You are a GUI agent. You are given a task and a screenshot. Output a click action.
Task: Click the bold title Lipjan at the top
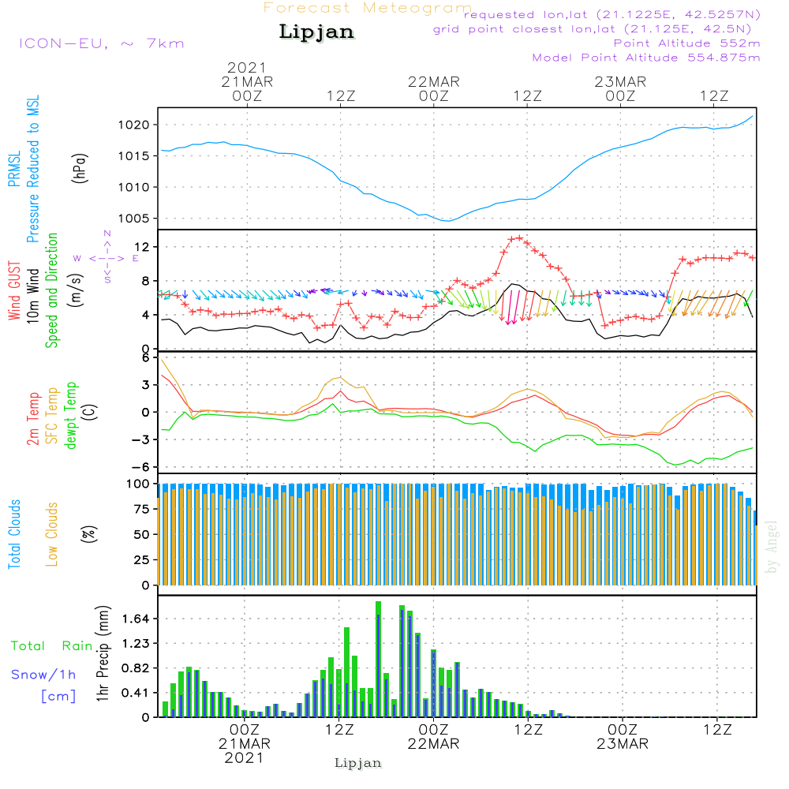316,32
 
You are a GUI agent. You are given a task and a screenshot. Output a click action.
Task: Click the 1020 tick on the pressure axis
135,125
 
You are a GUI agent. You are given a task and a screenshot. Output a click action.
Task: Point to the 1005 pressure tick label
135,219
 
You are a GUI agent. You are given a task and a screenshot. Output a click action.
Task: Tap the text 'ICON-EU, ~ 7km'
101,43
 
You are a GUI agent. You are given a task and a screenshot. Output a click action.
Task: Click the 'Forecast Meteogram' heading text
368,8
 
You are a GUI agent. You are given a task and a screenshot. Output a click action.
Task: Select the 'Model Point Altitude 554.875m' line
646,58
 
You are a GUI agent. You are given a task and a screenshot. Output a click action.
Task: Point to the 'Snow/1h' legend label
44,675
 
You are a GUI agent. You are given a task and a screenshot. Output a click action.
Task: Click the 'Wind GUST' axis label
15,292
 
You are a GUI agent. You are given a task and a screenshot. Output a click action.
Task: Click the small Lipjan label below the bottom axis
358,763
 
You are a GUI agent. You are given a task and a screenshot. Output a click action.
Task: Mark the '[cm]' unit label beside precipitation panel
58,697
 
